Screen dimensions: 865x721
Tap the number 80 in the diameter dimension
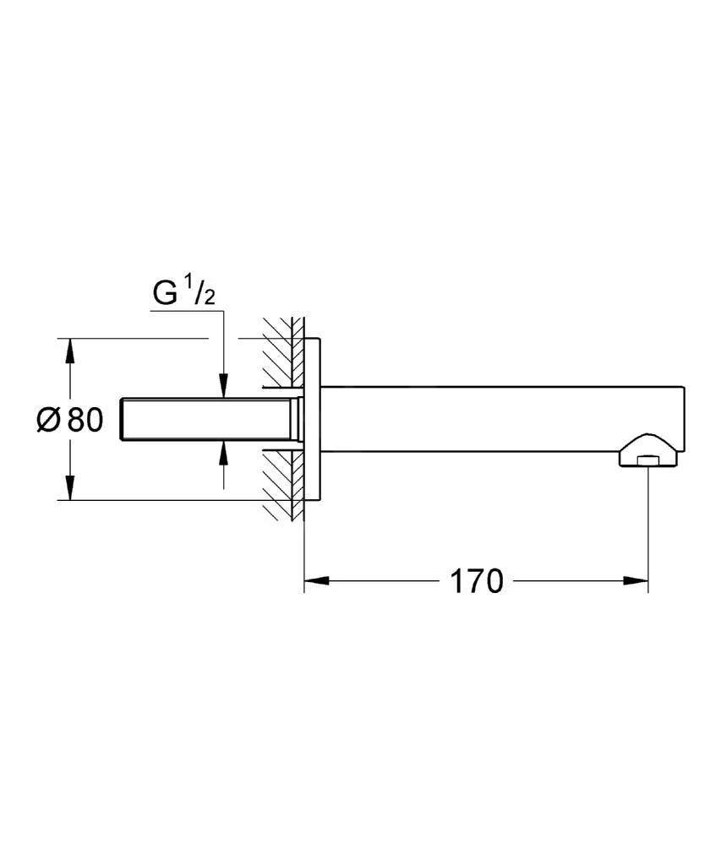coord(85,420)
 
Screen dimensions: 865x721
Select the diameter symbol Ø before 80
coord(50,420)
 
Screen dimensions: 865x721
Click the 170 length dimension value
coord(475,581)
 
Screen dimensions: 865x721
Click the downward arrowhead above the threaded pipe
coord(224,387)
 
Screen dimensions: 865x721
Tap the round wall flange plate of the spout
coord(312,420)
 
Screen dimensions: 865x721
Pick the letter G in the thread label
coord(165,294)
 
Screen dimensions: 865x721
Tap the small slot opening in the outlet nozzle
coord(647,460)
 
